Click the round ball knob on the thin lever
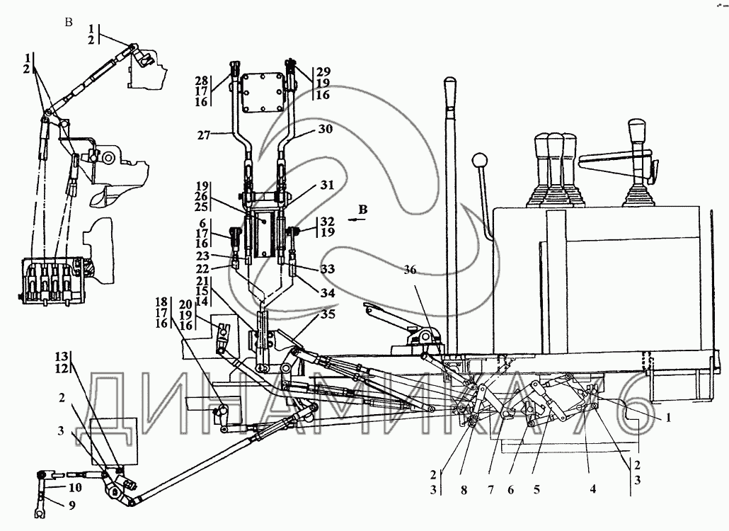pyautogui.click(x=480, y=160)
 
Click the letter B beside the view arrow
pyautogui.click(x=362, y=210)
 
